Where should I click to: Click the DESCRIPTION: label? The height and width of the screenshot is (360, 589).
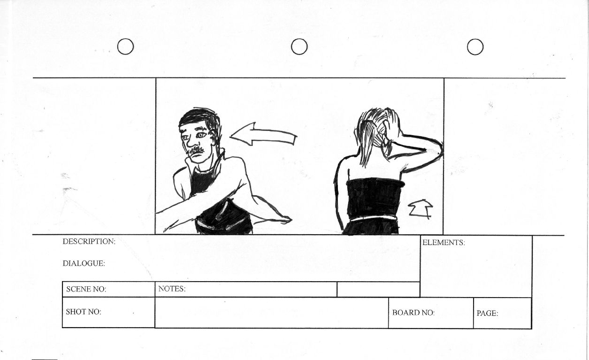89,241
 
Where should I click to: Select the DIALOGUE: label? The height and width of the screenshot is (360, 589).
84,263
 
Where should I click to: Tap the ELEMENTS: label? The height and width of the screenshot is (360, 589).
444,243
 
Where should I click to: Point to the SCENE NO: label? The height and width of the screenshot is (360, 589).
86,289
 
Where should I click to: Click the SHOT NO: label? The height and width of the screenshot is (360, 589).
84,312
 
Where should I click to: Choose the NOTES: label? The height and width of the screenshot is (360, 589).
172,289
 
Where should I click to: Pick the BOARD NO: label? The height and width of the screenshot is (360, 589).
413,313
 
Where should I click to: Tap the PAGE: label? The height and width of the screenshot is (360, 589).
487,313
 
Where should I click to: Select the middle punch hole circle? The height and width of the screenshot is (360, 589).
299,39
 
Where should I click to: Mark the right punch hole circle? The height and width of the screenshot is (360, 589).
475,39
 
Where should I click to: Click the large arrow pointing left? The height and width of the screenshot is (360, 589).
263,135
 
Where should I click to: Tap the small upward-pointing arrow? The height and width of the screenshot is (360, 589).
421,209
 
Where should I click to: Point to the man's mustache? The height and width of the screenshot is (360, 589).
196,150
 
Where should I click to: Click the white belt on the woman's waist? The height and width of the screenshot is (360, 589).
374,219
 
